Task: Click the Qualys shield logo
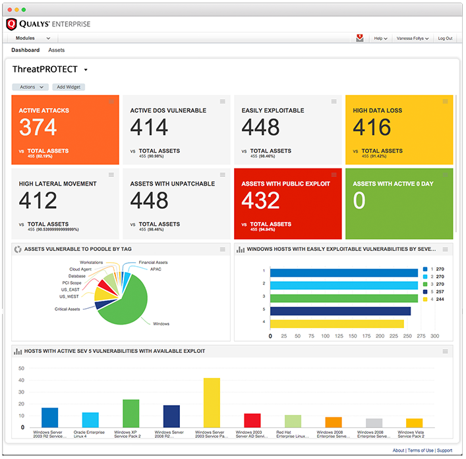[11, 24]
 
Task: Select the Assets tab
[57, 50]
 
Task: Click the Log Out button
[445, 39]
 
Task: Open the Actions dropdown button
[30, 87]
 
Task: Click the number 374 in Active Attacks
[38, 127]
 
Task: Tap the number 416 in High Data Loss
[372, 127]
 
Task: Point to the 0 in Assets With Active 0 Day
[359, 201]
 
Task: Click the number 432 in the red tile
[261, 201]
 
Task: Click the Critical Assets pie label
[67, 309]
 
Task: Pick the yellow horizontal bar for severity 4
[337, 323]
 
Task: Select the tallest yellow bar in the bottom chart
[212, 402]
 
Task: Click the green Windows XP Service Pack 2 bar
[131, 413]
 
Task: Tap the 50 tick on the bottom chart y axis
[21, 368]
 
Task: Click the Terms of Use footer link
[421, 450]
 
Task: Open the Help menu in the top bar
[380, 39]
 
